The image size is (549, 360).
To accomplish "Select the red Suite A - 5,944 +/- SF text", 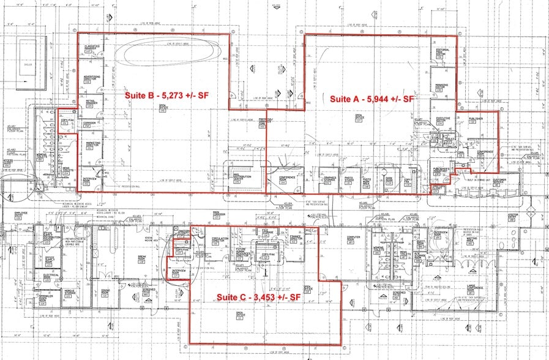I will (373, 99).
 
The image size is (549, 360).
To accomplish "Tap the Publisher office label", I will (476, 119).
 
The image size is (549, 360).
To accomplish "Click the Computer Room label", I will (351, 240).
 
